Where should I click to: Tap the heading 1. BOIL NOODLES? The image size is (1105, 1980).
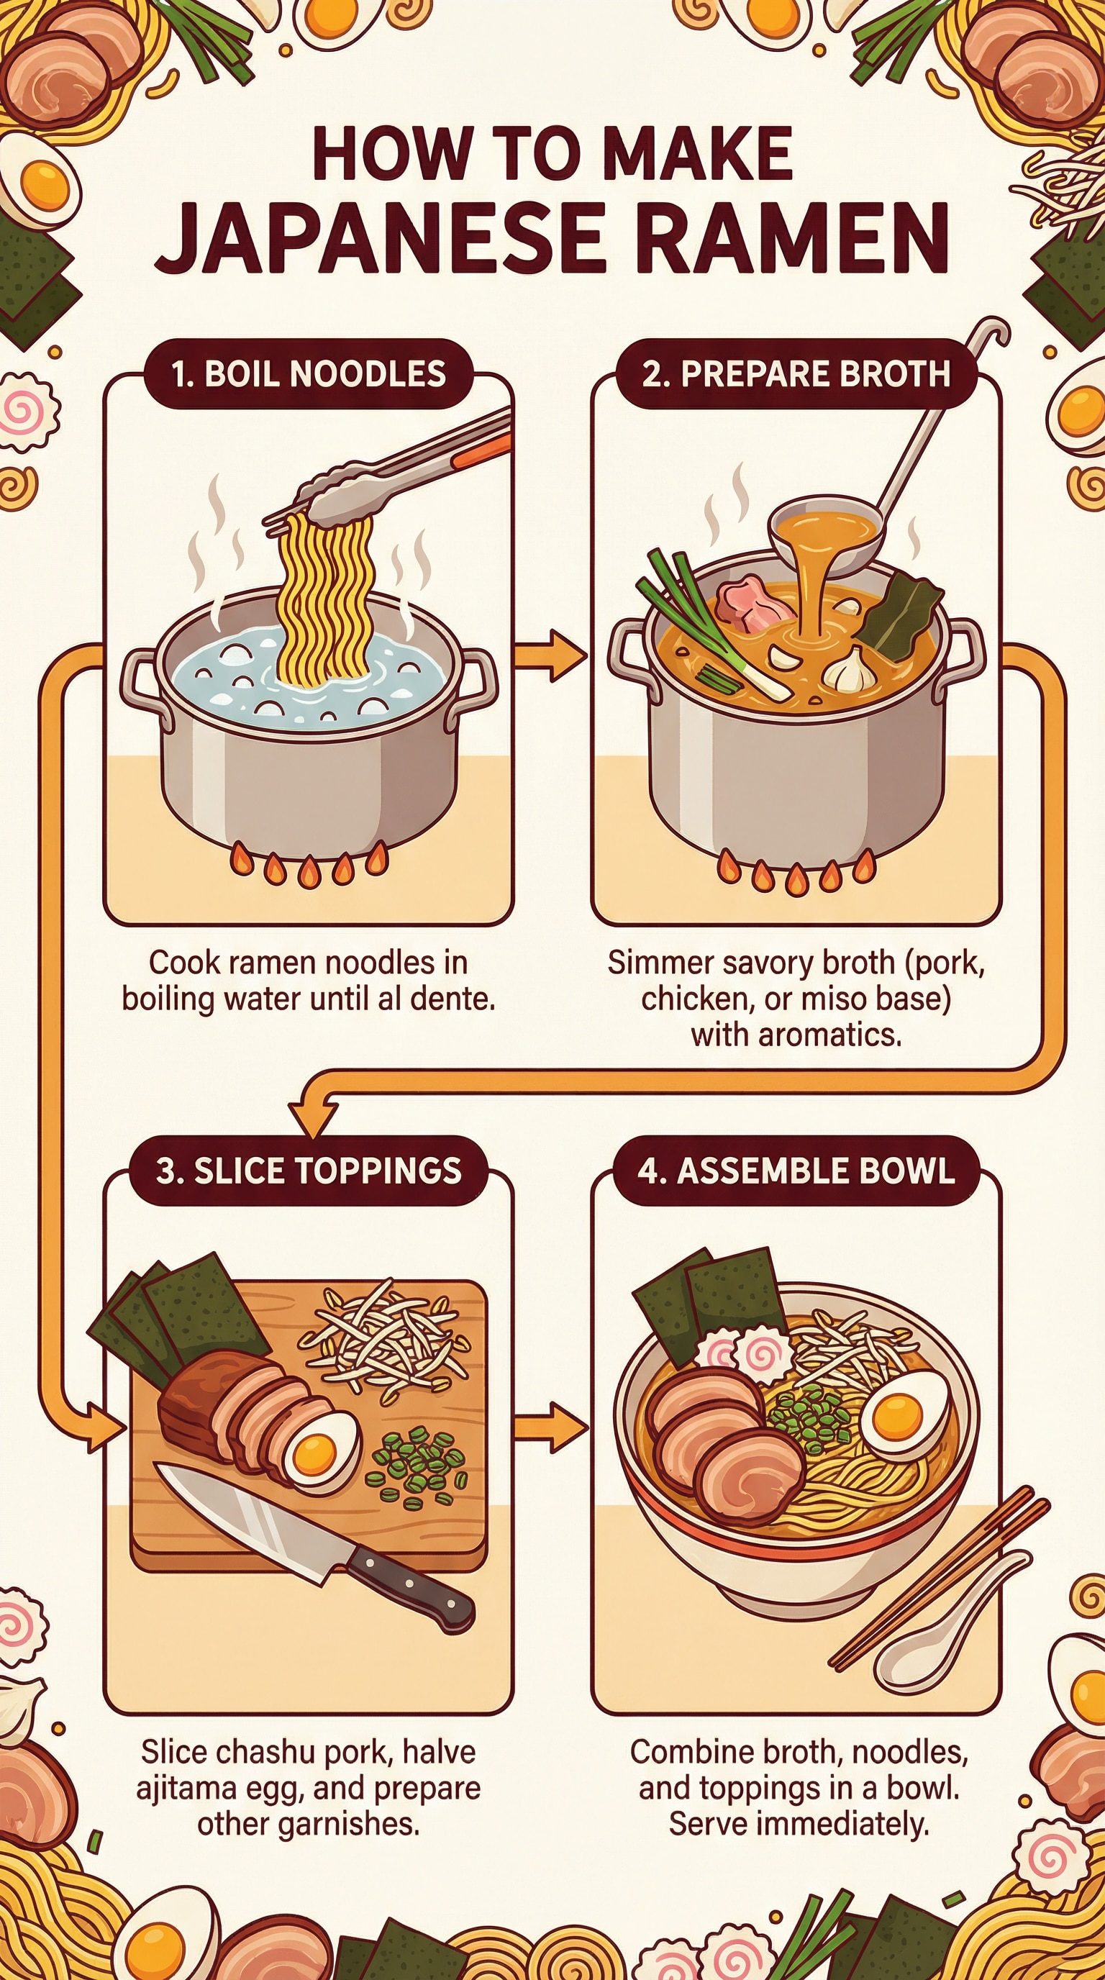point(308,373)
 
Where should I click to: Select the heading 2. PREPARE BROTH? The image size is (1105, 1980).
point(796,373)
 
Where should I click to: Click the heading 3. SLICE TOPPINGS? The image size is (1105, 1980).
point(308,1171)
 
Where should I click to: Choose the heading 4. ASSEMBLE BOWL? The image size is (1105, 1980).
point(796,1171)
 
